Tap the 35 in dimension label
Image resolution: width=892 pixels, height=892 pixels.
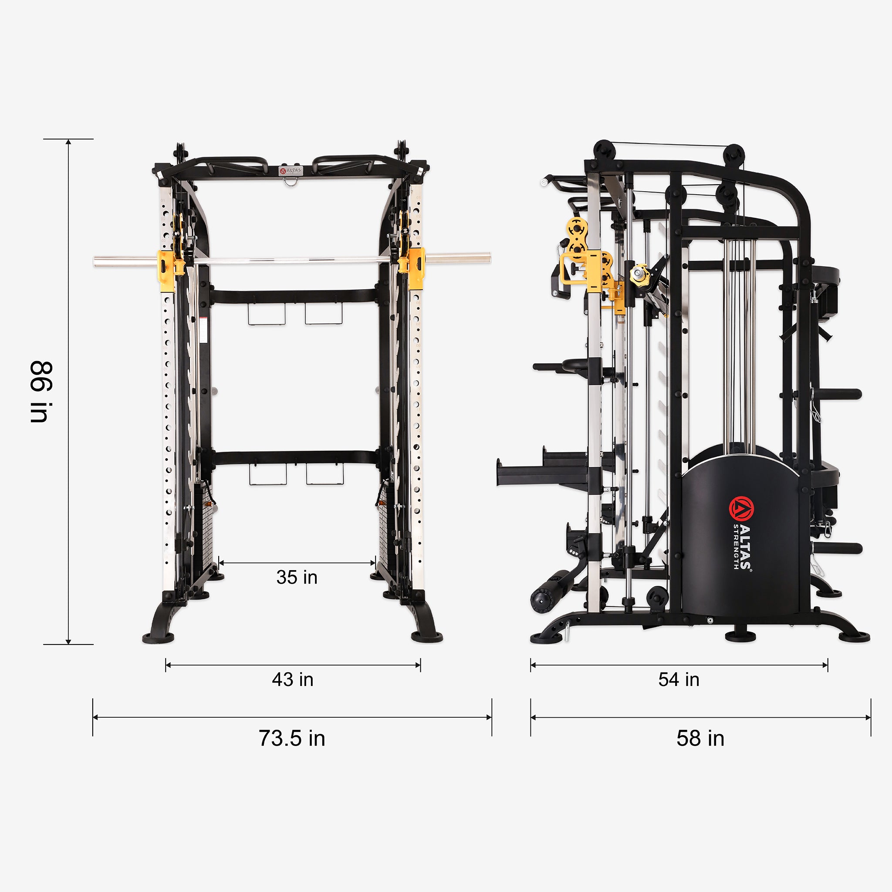[297, 577]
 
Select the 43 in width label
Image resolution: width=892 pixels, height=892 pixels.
[293, 679]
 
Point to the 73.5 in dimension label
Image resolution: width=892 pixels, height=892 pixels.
[292, 738]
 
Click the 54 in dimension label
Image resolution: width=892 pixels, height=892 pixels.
[679, 679]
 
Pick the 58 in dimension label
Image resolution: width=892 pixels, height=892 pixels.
[700, 738]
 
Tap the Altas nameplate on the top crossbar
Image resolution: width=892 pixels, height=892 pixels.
[291, 170]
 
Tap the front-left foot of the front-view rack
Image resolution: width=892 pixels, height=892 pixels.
[159, 638]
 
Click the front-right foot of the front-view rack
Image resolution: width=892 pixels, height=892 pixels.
[427, 637]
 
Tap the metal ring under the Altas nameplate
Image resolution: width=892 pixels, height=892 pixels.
[291, 182]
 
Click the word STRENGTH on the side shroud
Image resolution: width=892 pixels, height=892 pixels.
[736, 547]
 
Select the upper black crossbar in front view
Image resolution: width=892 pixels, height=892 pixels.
[294, 296]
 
